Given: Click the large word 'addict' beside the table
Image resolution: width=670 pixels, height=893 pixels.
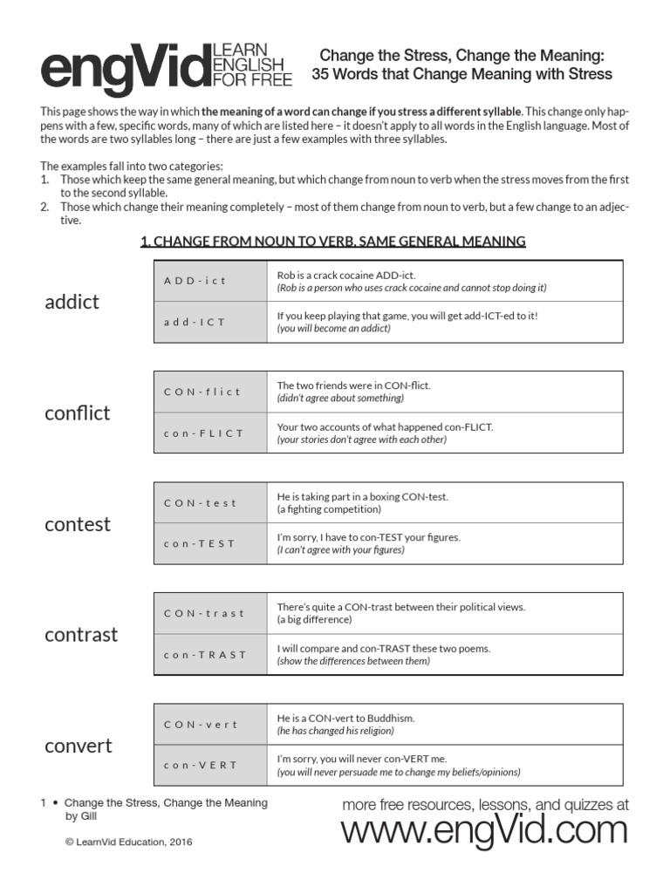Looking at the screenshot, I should click(x=72, y=302).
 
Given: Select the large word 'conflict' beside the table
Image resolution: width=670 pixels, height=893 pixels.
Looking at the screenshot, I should click(x=78, y=412).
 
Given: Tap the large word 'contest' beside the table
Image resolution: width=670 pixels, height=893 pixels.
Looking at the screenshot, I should click(x=78, y=524).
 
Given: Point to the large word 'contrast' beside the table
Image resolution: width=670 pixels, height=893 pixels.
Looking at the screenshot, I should click(x=81, y=635).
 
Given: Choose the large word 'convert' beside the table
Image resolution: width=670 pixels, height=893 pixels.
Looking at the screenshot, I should click(x=79, y=746).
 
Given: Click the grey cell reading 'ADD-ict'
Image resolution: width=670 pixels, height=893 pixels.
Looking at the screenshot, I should click(x=210, y=281).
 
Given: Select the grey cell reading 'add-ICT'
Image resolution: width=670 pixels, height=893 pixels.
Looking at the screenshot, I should click(x=210, y=322).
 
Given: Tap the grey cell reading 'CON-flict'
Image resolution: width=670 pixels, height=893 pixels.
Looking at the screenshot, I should click(x=210, y=392).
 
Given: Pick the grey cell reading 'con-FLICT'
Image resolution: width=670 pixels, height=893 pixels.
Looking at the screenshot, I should click(x=210, y=433).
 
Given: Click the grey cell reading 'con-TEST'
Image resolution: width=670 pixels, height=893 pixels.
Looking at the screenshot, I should click(x=210, y=543).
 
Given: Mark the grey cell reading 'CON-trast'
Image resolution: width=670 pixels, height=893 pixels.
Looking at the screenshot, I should click(x=210, y=613).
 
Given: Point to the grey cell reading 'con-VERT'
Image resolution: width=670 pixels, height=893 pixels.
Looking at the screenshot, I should click(x=210, y=766).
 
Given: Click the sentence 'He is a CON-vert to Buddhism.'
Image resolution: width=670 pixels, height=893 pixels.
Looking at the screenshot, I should click(x=345, y=718).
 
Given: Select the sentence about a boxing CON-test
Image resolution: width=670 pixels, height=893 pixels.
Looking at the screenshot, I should click(x=362, y=496).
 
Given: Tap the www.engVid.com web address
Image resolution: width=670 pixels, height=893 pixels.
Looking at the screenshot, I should click(x=484, y=831).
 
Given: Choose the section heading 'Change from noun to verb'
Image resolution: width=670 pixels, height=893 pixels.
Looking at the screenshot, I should click(x=332, y=241).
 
